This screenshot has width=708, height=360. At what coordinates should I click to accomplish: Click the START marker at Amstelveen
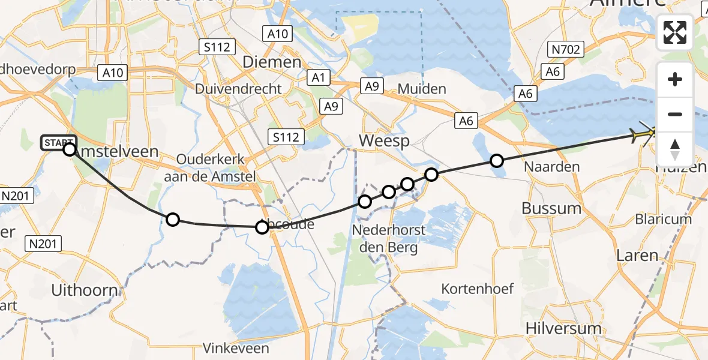pos(59,143)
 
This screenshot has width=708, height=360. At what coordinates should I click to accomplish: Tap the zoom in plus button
pos(675,79)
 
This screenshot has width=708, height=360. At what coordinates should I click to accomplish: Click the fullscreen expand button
pos(675,32)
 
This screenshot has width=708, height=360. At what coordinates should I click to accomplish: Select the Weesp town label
pos(384,142)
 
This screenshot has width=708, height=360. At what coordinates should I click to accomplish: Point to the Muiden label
pos(422,89)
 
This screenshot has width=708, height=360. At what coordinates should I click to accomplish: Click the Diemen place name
pos(271,62)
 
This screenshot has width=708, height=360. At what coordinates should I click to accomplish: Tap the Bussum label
pos(551,208)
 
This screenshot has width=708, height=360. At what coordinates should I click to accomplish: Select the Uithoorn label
pos(84,290)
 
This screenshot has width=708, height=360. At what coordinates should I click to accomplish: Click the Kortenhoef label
pos(478,289)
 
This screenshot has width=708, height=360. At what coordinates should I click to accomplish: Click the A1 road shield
pos(318,77)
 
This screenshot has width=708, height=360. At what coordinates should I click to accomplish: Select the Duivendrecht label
pos(238,89)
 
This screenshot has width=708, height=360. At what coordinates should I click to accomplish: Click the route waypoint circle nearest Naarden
pos(496,160)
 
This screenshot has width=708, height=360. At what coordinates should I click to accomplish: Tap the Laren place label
pos(637,255)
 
